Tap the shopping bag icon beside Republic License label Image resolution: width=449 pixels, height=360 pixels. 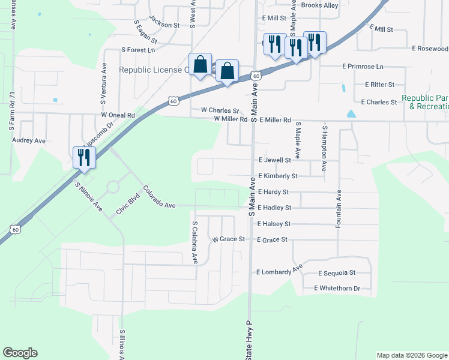click(200, 64)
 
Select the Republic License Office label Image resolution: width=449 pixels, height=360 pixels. click(153, 70)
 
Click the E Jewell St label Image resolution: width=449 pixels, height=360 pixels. click(274, 160)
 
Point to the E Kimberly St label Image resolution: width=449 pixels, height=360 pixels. click(277, 176)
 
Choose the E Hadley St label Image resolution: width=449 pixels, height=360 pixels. click(274, 208)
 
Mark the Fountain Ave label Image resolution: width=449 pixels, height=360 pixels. click(339, 208)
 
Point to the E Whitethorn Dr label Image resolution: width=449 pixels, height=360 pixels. click(337, 289)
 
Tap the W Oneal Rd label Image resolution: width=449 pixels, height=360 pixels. click(118, 115)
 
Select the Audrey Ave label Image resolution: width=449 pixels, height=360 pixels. click(29, 140)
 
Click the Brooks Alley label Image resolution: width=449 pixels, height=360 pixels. click(319, 5)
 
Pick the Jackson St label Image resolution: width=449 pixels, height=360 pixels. click(164, 25)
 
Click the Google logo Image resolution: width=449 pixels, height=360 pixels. click(20, 353)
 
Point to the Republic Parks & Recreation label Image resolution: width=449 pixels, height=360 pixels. click(425, 102)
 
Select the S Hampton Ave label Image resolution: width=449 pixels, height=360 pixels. click(325, 148)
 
